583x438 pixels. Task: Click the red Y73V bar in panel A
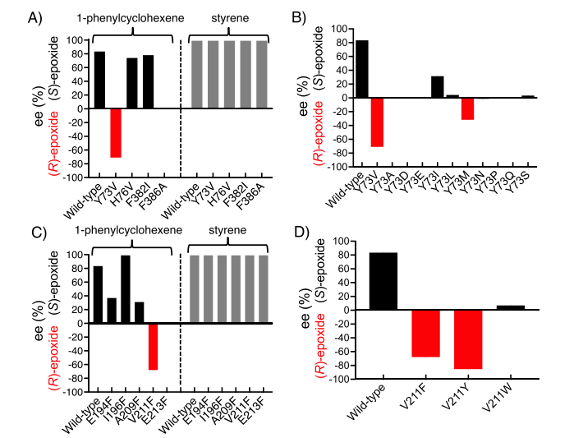(x=116, y=132)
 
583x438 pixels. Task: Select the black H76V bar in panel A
(x=132, y=83)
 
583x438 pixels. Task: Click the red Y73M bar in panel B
(x=467, y=108)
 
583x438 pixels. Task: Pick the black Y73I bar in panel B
(x=438, y=87)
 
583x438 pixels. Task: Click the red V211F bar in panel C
(x=153, y=347)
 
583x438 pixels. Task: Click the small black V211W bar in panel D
(x=511, y=308)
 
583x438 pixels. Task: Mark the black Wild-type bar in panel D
(x=383, y=281)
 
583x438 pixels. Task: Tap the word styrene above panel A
(x=228, y=16)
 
